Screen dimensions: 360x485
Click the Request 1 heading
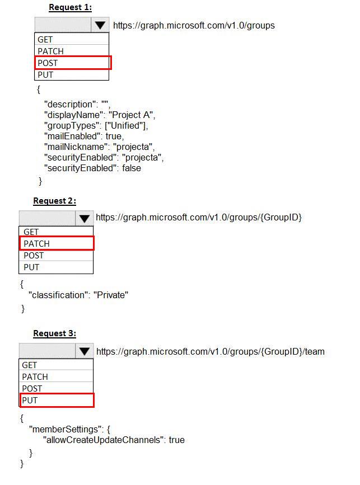click(71, 7)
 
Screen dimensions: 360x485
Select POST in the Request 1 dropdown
click(48, 63)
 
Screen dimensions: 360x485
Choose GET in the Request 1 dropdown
click(45, 40)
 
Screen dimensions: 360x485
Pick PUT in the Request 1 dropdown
click(45, 75)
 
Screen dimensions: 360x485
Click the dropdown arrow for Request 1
click(100, 25)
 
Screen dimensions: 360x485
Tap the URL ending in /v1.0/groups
click(194, 25)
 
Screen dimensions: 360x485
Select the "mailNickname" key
click(77, 147)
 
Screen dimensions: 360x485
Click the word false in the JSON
click(132, 168)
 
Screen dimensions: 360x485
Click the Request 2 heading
click(54, 201)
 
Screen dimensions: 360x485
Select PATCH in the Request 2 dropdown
click(36, 244)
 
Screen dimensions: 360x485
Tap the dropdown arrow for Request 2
click(84, 218)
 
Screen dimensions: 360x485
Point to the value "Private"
click(111, 295)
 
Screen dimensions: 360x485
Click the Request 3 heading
click(54, 333)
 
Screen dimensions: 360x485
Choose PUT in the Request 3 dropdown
click(30, 400)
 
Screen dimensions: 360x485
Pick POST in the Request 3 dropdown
click(32, 388)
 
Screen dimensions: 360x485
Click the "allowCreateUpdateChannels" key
click(104, 440)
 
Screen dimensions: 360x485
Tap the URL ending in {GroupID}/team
click(211, 352)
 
